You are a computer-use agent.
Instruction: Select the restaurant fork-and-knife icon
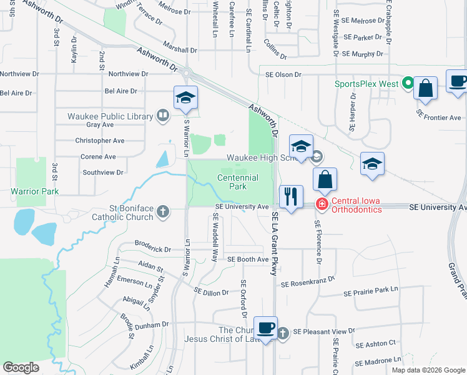tap(290, 197)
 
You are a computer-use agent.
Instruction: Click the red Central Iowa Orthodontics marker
tap(321, 204)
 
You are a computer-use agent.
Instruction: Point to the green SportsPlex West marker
tap(407, 82)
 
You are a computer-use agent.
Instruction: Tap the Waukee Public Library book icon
tap(162, 115)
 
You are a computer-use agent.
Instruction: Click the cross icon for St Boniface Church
tap(163, 211)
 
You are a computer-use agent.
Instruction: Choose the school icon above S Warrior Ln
tap(185, 98)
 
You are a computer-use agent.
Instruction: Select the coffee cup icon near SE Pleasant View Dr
tap(265, 327)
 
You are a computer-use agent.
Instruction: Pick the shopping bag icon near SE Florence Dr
tap(325, 179)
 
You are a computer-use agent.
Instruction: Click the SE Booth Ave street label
tap(248, 259)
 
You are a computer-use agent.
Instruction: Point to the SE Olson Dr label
tap(280, 74)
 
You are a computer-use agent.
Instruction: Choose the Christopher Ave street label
tap(100, 141)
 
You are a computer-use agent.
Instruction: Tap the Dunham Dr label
tap(152, 324)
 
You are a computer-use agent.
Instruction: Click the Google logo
tap(21, 367)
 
